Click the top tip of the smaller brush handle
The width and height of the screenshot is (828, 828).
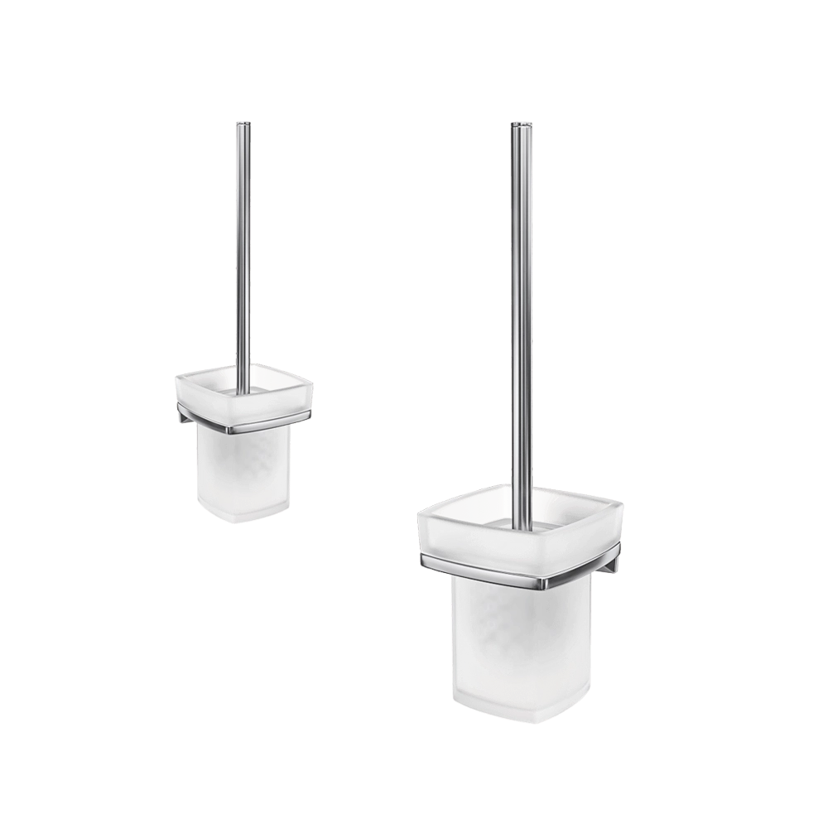click(242, 123)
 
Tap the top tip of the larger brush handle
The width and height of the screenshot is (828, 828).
click(522, 124)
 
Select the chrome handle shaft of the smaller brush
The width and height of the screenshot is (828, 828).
click(242, 248)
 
